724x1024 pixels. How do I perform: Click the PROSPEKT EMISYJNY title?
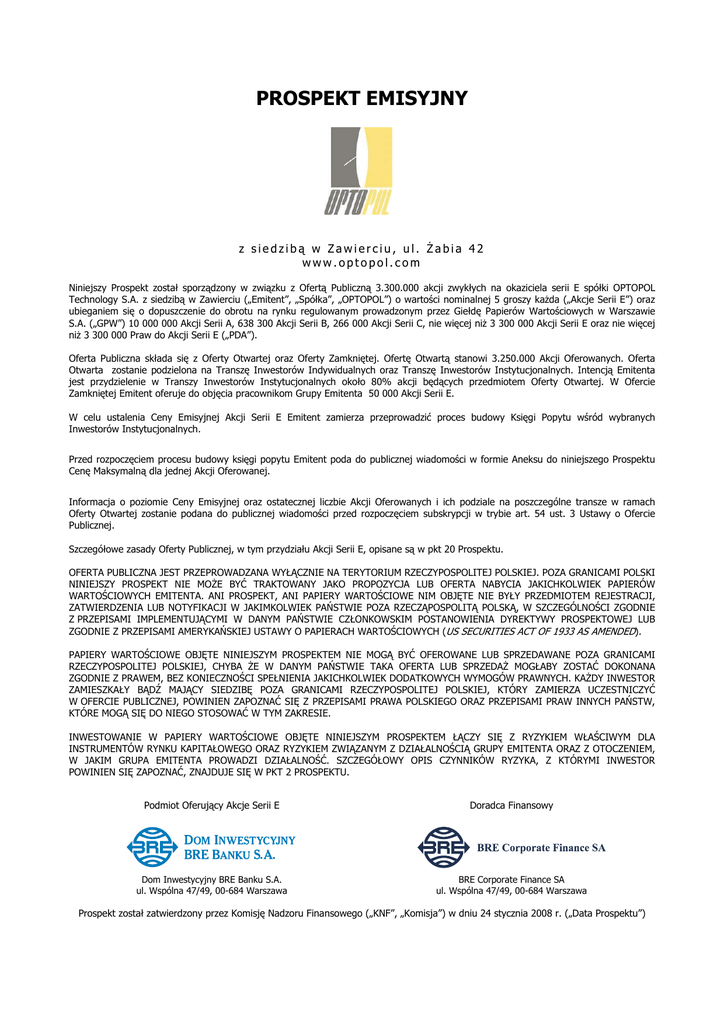[x=361, y=99]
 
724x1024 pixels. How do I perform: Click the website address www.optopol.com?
[x=361, y=262]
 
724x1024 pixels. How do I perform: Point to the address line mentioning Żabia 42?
[x=361, y=248]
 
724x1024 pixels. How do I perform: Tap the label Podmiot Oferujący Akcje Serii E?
[x=211, y=804]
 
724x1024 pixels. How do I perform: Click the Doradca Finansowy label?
[x=511, y=804]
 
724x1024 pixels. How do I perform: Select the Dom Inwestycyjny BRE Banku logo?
[x=211, y=847]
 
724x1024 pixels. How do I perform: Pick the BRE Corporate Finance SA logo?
[x=511, y=847]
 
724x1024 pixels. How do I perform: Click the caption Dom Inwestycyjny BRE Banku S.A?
[x=211, y=879]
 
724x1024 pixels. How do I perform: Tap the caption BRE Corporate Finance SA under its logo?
[x=511, y=879]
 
